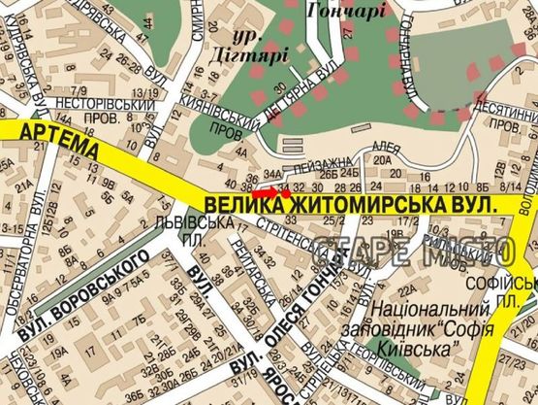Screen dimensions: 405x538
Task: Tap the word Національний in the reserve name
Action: pyautogui.click(x=417, y=313)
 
